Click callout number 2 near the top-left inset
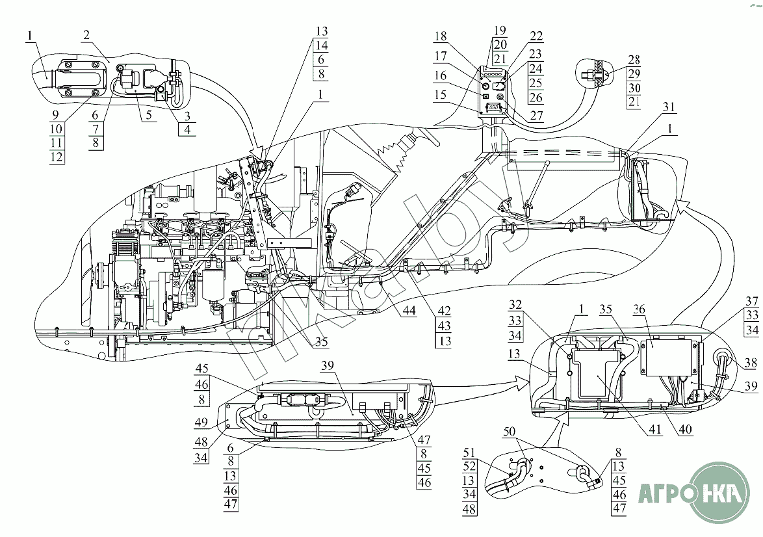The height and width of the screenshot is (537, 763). pyautogui.click(x=86, y=36)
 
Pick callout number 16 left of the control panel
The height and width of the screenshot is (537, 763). pyautogui.click(x=441, y=76)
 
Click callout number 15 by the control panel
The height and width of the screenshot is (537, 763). pyautogui.click(x=441, y=96)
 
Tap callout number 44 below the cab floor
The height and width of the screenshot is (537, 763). pyautogui.click(x=408, y=310)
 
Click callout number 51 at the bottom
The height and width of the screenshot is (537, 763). pyautogui.click(x=470, y=452)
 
